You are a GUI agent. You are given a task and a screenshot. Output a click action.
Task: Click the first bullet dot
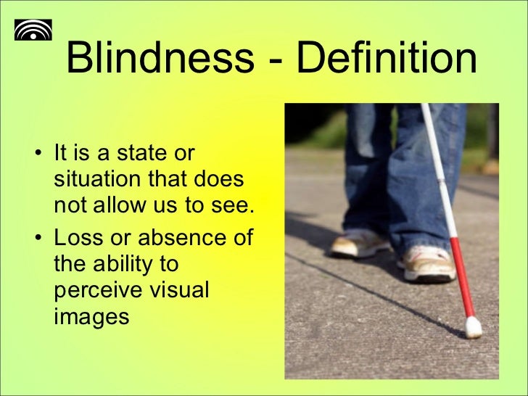(x=38, y=154)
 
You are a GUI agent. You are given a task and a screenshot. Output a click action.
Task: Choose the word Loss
(x=78, y=237)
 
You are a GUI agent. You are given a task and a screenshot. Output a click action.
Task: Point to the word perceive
(x=100, y=290)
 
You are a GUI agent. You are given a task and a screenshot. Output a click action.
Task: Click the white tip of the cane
(x=473, y=327)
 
